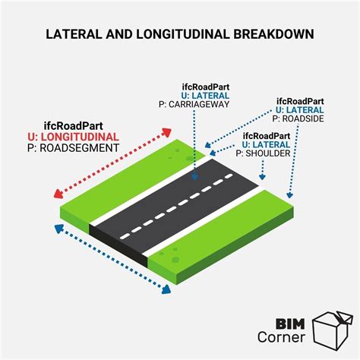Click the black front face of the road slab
118,245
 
